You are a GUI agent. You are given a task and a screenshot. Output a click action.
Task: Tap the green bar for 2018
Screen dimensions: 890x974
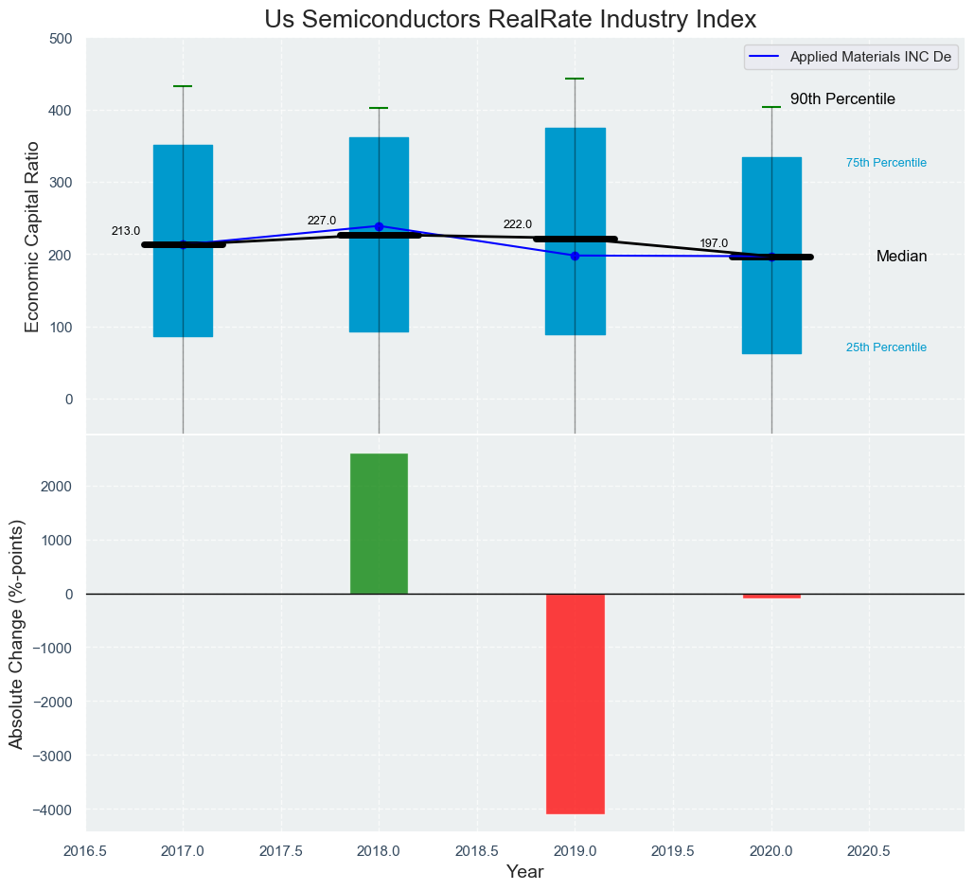point(379,524)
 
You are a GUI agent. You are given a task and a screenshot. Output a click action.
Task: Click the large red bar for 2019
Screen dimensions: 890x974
point(575,703)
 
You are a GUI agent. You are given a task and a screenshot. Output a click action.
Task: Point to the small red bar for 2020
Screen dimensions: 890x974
point(771,596)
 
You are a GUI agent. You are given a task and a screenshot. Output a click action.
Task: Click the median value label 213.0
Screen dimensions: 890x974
point(126,231)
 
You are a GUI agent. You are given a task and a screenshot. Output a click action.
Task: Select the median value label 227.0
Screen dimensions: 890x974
point(322,221)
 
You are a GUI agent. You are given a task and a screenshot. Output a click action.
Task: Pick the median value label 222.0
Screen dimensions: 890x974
point(518,224)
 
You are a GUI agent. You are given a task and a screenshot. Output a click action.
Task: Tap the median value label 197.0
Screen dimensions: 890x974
point(714,243)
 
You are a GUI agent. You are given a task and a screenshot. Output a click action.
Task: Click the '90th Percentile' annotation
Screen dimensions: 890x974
point(842,99)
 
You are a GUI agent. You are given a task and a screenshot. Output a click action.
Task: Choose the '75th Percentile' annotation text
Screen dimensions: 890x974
point(886,163)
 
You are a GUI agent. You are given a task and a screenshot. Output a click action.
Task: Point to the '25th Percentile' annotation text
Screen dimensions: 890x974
point(886,347)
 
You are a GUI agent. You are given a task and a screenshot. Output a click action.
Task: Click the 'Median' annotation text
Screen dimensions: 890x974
point(901,257)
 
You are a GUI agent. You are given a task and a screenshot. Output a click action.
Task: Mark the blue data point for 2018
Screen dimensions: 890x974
point(379,226)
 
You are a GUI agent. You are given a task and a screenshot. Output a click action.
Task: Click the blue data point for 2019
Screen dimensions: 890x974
point(575,256)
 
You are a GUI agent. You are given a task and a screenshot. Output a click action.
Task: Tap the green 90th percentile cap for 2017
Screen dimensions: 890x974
point(183,86)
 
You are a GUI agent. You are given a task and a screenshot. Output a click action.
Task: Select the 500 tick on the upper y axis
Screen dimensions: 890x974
point(61,39)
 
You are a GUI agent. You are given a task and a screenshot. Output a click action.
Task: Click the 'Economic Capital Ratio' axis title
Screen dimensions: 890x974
point(32,237)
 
